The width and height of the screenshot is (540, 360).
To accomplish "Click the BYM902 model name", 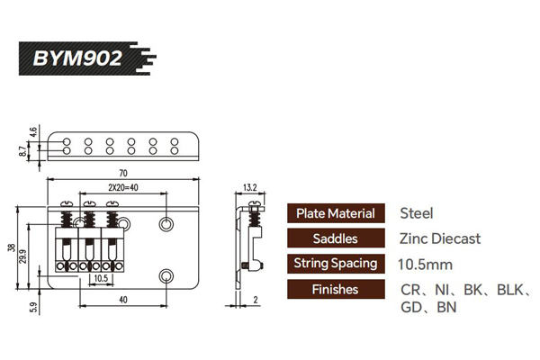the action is pyautogui.click(x=77, y=58).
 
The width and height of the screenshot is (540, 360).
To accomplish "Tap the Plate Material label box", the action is pyautogui.click(x=336, y=213).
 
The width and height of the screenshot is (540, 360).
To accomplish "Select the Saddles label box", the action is pyautogui.click(x=336, y=238).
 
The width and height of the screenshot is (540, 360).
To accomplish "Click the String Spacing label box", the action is pyautogui.click(x=336, y=264).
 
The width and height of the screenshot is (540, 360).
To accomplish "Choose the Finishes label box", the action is pyautogui.click(x=336, y=289).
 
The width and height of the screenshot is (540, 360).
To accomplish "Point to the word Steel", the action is pyautogui.click(x=417, y=213).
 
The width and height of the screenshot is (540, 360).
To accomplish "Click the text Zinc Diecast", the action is pyautogui.click(x=440, y=238).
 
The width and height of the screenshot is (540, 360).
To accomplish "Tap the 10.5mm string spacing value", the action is pyautogui.click(x=426, y=265).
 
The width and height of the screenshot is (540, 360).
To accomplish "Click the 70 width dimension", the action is pyautogui.click(x=123, y=173).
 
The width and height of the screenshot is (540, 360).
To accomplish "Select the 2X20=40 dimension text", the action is pyautogui.click(x=123, y=187).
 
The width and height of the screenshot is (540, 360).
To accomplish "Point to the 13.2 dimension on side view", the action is pyautogui.click(x=250, y=187).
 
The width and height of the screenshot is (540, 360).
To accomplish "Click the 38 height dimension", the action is pyautogui.click(x=12, y=247).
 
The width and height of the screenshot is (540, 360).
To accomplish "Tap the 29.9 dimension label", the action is pyautogui.click(x=22, y=256).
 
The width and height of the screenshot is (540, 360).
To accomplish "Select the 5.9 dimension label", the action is pyautogui.click(x=33, y=307).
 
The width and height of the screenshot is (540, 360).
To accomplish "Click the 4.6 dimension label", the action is pyautogui.click(x=33, y=132).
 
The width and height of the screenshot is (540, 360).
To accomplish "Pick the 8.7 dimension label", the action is pyautogui.click(x=22, y=151).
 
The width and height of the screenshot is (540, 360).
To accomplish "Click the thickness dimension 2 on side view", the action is pyautogui.click(x=256, y=300).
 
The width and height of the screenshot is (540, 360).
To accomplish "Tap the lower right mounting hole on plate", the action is pyautogui.click(x=166, y=275).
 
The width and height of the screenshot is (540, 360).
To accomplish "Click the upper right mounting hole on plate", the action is pyautogui.click(x=166, y=224).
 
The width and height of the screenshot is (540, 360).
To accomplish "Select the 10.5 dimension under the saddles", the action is pyautogui.click(x=101, y=278).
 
